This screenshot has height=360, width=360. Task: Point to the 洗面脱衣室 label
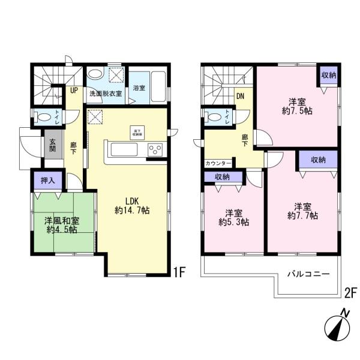point(106,94)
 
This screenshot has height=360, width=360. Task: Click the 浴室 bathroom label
point(139,88)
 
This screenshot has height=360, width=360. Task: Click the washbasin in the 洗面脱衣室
point(95,76)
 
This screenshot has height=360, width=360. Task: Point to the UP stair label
point(74,91)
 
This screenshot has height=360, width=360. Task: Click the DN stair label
point(239,95)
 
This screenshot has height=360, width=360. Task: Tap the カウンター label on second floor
point(216,163)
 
